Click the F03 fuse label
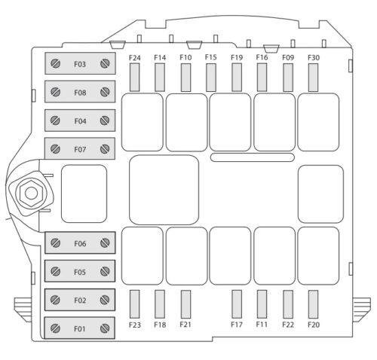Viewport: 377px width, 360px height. (80, 64)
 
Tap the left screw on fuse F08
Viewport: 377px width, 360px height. (55, 92)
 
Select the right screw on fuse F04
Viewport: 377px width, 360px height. (105, 121)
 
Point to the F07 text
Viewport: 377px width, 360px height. (80, 150)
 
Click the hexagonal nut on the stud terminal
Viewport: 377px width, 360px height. (31, 194)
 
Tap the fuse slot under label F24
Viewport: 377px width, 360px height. (135, 78)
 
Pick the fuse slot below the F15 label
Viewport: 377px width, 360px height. (211, 78)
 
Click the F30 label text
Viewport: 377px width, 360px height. (314, 58)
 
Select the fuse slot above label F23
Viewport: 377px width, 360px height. (135, 304)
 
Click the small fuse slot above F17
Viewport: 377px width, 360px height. (237, 304)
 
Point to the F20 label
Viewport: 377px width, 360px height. (314, 325)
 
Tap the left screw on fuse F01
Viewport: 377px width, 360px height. (55, 328)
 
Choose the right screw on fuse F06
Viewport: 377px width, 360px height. (105, 243)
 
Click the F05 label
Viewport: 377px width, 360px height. (80, 272)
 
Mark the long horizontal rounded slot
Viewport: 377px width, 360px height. (253, 157)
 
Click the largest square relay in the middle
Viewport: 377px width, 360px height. (164, 190)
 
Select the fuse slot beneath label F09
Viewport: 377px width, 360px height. (288, 78)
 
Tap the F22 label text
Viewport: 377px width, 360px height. (288, 325)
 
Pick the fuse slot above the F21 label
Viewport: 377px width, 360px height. (185, 304)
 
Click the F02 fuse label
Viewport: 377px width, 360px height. (80, 301)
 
